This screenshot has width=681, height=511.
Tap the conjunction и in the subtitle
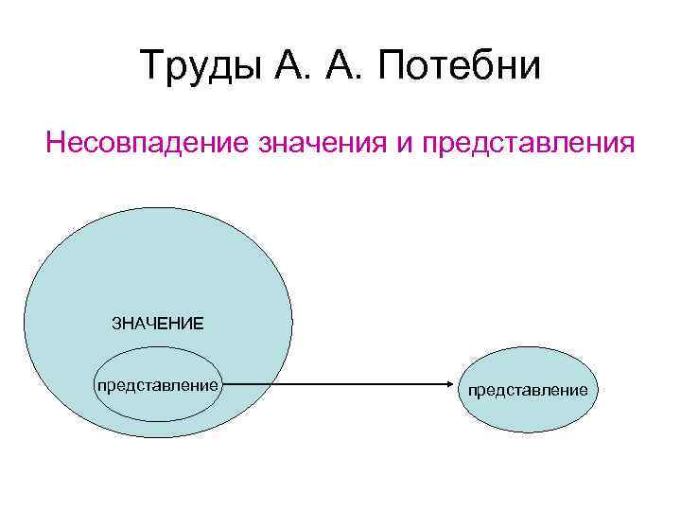tap(404, 146)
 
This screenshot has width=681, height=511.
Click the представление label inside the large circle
tap(158, 386)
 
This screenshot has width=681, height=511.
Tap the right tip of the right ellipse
tap(598, 390)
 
